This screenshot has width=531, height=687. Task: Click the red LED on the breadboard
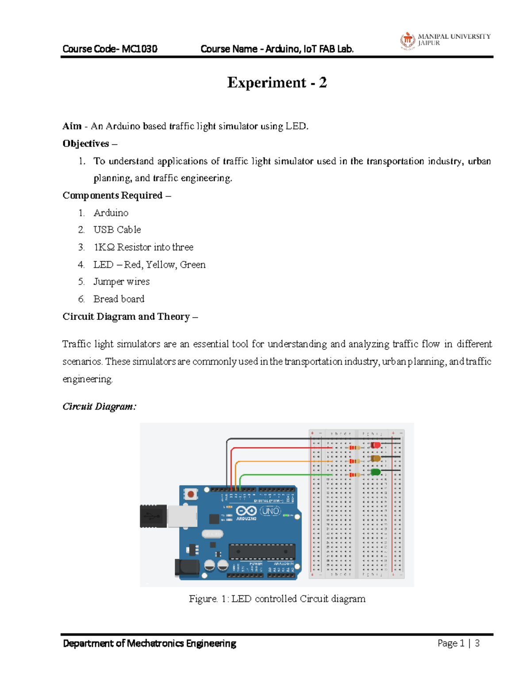[375, 445]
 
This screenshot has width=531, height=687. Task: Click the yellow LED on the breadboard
[375, 458]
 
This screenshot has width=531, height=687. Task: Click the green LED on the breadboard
[375, 472]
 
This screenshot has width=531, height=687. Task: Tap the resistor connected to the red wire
[354, 448]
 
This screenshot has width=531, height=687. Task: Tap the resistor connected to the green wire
[354, 475]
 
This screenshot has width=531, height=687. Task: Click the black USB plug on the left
[153, 516]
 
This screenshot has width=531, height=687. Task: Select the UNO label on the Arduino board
[270, 511]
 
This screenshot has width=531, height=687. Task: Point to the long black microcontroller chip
[262, 552]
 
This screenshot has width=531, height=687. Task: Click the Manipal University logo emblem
[408, 40]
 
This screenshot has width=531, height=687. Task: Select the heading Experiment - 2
[277, 83]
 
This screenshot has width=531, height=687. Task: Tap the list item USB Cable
[117, 230]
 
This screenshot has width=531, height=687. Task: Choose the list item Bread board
[119, 299]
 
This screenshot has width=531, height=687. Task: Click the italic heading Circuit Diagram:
[100, 407]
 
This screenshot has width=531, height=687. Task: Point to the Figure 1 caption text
[277, 599]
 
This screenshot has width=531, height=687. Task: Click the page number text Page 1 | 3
[458, 643]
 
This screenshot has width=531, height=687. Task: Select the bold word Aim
[72, 126]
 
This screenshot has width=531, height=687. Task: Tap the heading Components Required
[112, 196]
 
